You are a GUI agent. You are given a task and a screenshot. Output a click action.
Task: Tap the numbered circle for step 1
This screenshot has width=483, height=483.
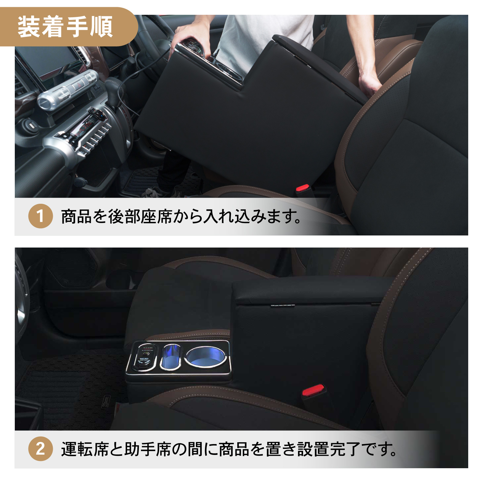coord(40,216)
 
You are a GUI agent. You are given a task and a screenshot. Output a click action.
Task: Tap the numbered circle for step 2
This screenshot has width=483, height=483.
coord(40,449)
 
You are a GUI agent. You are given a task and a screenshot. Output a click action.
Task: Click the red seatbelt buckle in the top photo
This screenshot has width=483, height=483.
coord(303,189)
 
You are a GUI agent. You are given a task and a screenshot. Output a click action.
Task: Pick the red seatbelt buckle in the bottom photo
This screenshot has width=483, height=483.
coord(313,390)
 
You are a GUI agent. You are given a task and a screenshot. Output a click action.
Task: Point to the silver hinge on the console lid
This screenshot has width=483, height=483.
coord(282,306)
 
